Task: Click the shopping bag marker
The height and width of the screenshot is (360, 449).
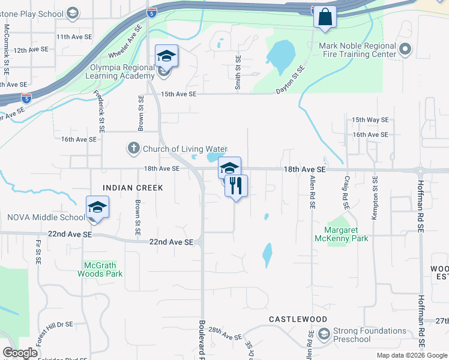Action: (325, 17)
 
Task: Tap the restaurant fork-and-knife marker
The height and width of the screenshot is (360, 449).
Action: (237, 186)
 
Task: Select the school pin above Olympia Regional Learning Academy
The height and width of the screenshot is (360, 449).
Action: (166, 57)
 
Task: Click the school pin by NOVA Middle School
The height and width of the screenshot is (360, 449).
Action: (97, 208)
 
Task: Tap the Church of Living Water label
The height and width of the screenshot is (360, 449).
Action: (185, 149)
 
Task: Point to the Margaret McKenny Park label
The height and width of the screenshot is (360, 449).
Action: (346, 234)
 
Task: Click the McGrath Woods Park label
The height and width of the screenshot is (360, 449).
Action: (100, 269)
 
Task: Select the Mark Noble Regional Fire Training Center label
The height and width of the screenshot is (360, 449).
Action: (358, 50)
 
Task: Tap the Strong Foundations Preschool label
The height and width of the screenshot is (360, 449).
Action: (370, 335)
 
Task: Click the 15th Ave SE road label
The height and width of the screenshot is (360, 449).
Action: (178, 94)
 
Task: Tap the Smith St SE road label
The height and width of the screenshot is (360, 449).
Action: (238, 73)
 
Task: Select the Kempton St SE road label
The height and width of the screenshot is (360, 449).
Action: (374, 198)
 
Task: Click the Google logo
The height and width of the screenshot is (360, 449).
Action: (20, 353)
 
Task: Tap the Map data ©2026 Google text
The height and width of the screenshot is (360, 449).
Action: (411, 355)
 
